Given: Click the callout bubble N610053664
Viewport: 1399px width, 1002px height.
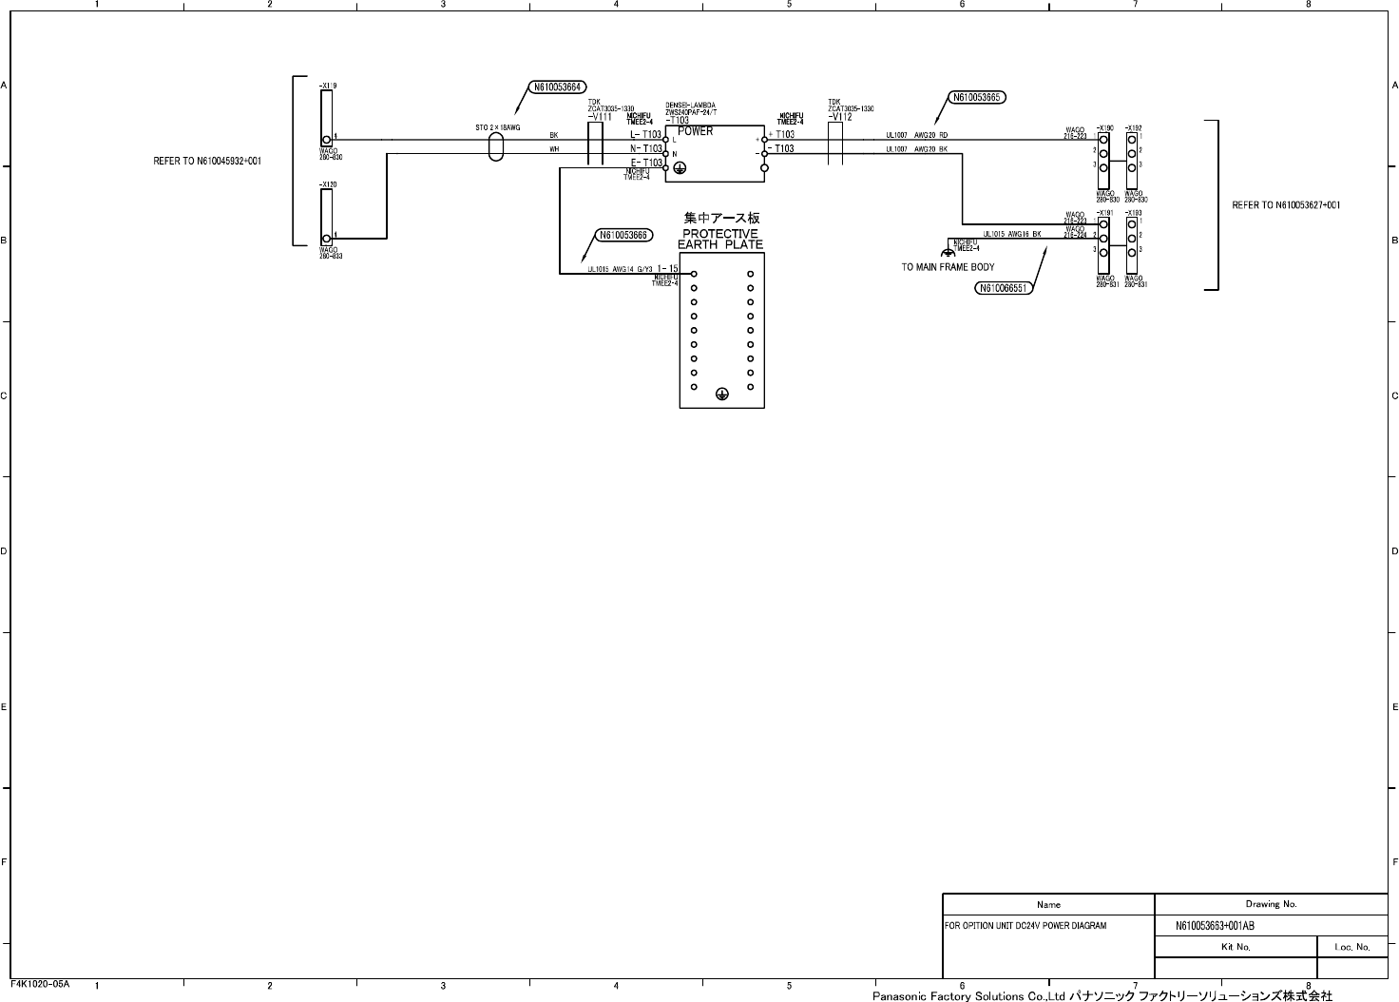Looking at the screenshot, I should [557, 87].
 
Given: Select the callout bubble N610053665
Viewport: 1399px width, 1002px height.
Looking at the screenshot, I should [977, 97].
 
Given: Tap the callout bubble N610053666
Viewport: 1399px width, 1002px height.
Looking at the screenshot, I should [623, 236].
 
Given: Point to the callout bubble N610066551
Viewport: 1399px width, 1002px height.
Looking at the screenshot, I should [1004, 288].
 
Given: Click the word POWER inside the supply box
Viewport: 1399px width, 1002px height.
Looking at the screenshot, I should [695, 131].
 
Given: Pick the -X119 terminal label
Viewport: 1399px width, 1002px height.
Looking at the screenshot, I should [328, 86].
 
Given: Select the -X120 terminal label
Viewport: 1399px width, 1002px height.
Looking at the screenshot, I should [328, 183].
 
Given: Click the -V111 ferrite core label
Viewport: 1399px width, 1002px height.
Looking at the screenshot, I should [601, 117].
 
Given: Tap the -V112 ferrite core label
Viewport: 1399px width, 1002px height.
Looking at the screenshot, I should [840, 117].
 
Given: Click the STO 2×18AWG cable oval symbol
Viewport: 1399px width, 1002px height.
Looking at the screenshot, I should [495, 147].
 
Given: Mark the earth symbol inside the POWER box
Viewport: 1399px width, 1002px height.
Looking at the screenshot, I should [680, 167].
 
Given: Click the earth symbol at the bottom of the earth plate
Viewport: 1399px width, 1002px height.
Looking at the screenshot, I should [721, 394].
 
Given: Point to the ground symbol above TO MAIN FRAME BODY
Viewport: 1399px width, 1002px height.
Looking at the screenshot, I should [947, 253].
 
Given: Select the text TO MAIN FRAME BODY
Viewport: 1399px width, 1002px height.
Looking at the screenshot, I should [948, 267].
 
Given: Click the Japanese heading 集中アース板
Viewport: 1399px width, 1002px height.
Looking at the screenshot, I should [721, 219].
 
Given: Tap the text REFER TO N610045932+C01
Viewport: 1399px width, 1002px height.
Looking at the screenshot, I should [208, 161].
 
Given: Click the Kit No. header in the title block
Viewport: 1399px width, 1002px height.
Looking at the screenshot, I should [1236, 947].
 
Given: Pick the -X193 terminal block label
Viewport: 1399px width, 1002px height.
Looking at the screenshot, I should [1133, 213].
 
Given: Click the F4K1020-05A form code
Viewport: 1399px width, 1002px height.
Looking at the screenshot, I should [40, 983].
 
